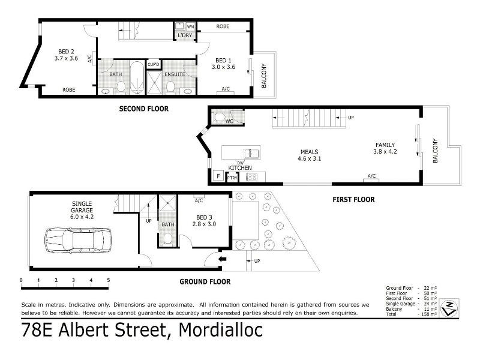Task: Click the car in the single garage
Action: (78, 240)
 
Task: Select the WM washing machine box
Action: (190, 26)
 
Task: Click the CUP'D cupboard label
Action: (154, 64)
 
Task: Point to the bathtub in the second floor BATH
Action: (137, 78)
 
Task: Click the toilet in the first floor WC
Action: (219, 117)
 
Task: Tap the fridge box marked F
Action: (218, 176)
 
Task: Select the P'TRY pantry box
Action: (232, 178)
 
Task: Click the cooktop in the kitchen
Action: (251, 176)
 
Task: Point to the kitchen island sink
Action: (251, 153)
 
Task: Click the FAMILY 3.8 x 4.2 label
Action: (385, 148)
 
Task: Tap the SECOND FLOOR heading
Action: (143, 109)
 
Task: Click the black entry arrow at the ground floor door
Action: (222, 259)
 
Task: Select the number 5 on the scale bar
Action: (109, 280)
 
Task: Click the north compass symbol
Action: (449, 307)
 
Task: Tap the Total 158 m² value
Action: (430, 314)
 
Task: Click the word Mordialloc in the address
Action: (220, 329)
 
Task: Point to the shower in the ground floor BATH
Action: (167, 203)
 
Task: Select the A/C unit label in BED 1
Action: (226, 89)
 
